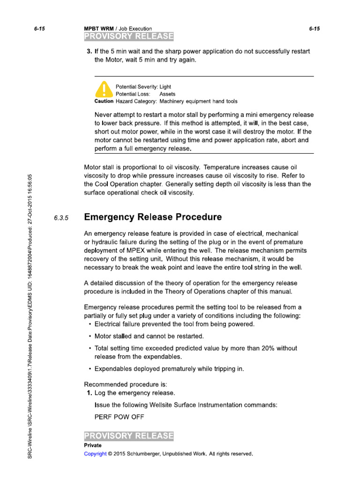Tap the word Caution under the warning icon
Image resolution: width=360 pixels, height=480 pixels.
pos(104,101)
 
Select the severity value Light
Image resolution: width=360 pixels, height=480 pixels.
pos(165,87)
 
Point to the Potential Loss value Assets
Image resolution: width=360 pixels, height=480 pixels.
pos(168,94)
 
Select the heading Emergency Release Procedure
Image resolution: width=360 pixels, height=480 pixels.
pos(152,217)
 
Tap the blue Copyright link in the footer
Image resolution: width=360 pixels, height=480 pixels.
pos(95,454)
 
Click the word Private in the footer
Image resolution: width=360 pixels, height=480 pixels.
pos(93,445)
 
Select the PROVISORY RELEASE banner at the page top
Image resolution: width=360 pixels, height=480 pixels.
pos(128,37)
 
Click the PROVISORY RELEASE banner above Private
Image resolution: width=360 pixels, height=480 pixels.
pos(128,436)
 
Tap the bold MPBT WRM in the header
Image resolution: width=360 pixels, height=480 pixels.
pos(98,29)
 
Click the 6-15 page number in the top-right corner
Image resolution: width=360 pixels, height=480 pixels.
pos(314,29)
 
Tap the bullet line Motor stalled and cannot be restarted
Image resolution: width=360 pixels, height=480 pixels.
pos(149,336)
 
